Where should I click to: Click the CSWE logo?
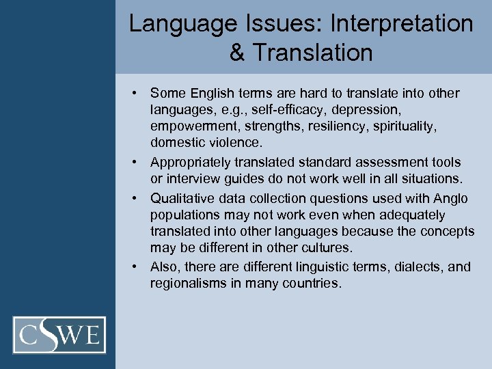(59, 336)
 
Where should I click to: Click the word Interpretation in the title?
(401, 23)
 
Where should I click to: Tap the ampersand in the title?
(237, 53)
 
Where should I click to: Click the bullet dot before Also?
(137, 266)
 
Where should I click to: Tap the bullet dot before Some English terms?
(137, 93)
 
